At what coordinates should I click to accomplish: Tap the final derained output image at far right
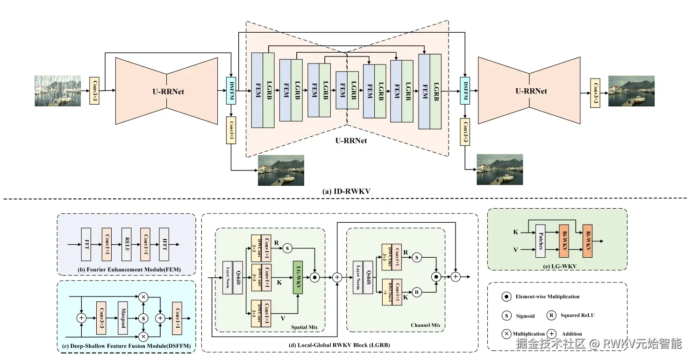pos(631,91)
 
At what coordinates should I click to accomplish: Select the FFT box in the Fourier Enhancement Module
pos(86,244)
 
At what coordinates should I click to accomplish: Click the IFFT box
pos(164,244)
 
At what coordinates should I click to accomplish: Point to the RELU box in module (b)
pos(126,244)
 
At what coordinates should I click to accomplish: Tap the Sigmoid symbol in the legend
pos(507,316)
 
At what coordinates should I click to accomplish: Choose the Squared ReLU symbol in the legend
pos(552,316)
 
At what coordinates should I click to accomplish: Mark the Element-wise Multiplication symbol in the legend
pos(507,296)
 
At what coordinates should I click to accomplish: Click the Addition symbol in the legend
pos(552,334)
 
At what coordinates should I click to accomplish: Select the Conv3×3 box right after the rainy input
pos(94,90)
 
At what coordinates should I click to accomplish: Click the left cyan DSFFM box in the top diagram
pos(231,90)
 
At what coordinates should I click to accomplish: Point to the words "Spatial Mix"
pos(304,327)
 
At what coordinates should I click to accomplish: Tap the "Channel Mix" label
pos(425,325)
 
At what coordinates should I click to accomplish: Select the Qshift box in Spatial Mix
pos(238,277)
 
